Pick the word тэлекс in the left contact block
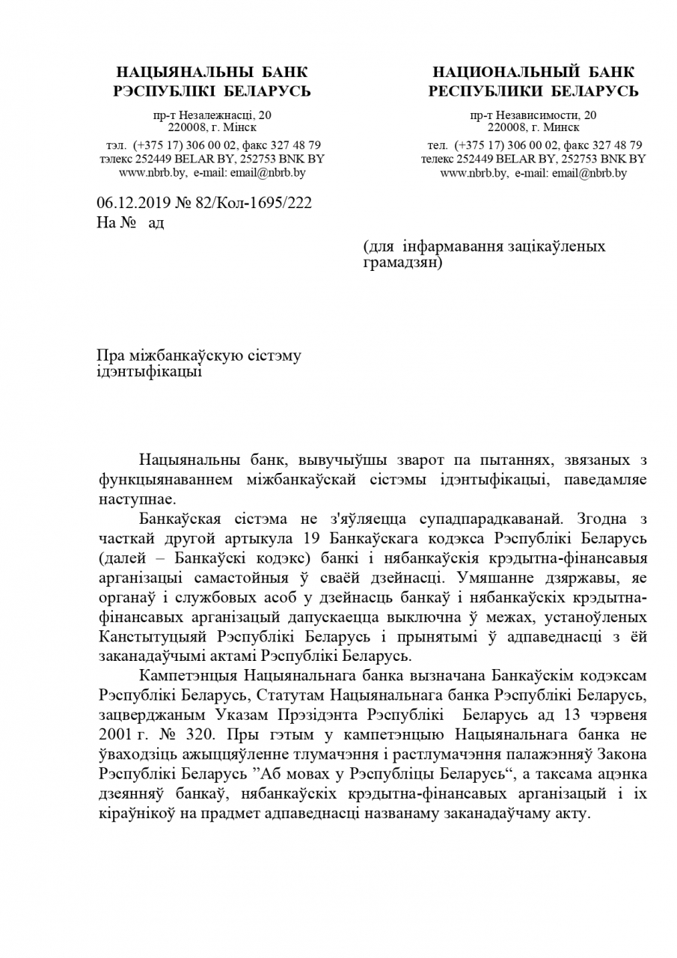(x=114, y=159)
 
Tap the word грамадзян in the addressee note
(x=400, y=263)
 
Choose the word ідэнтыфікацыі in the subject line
(x=150, y=371)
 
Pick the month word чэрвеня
(x=616, y=716)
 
